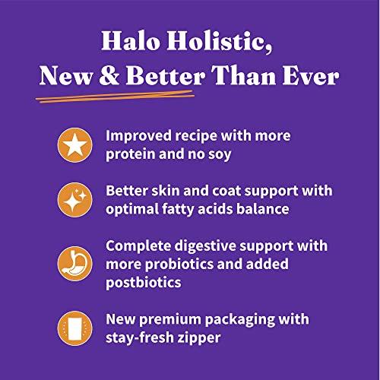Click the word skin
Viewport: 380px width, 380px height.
[170, 190]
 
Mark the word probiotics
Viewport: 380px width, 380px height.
[182, 264]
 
